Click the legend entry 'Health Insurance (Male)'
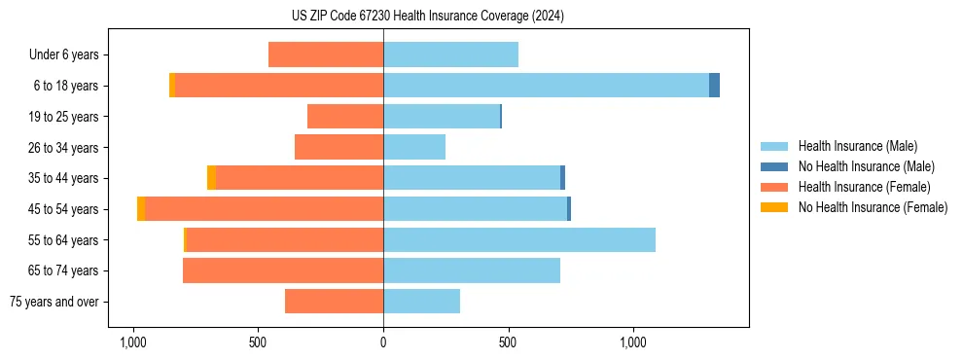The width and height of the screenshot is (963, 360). point(855,146)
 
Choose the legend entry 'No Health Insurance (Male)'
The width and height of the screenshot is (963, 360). point(865,166)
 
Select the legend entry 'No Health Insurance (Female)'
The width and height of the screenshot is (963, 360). point(872,207)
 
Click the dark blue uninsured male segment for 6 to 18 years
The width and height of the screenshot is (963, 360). point(714,86)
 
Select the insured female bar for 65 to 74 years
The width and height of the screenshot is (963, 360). point(283,270)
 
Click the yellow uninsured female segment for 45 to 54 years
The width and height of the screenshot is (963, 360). point(141,209)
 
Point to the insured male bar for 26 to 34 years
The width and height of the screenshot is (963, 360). point(414,147)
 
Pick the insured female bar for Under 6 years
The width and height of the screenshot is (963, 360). point(326,54)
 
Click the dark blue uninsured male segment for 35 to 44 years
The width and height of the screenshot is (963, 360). point(562,178)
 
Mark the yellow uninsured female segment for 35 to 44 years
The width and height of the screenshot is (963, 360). point(211,178)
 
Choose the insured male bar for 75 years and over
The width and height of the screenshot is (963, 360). point(421,302)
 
